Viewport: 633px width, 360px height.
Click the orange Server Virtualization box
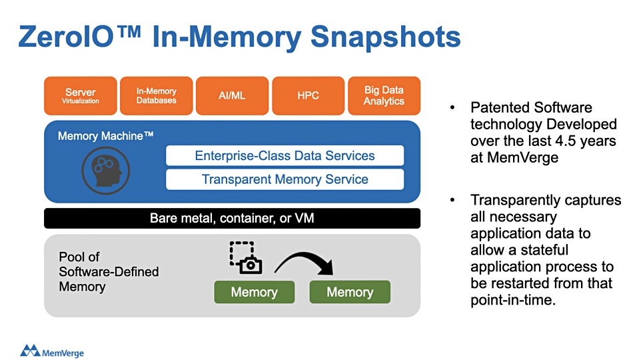(x=81, y=96)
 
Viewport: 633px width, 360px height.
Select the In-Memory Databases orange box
(x=156, y=96)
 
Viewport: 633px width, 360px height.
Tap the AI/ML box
(x=232, y=96)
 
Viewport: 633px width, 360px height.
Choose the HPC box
(x=308, y=96)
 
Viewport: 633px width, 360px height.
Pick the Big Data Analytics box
(x=384, y=96)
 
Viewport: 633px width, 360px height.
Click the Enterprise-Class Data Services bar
(x=285, y=155)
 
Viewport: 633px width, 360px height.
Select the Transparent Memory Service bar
(x=285, y=179)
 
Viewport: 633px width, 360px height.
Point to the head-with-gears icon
(x=106, y=171)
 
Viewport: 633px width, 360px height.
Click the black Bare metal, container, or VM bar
(x=232, y=218)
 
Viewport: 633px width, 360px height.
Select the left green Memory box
(x=255, y=292)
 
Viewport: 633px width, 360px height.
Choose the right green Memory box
(x=350, y=292)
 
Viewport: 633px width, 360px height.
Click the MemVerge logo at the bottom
(x=52, y=351)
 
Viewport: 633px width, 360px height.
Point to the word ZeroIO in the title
(x=66, y=37)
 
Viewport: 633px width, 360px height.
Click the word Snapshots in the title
(x=386, y=37)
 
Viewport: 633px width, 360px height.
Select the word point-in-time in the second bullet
(x=513, y=300)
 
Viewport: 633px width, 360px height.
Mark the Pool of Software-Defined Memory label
(x=109, y=271)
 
